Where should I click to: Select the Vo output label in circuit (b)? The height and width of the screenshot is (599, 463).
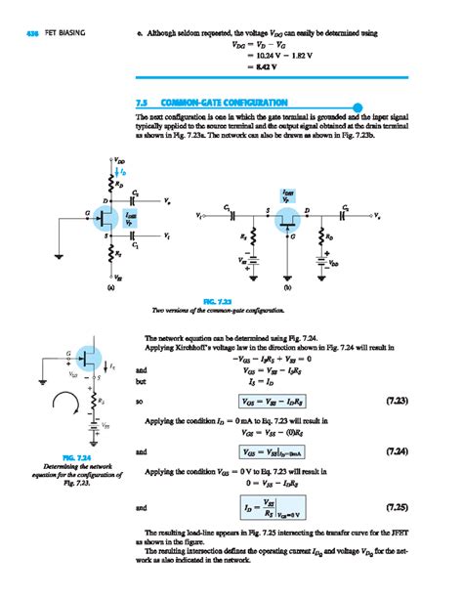pos(379,214)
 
